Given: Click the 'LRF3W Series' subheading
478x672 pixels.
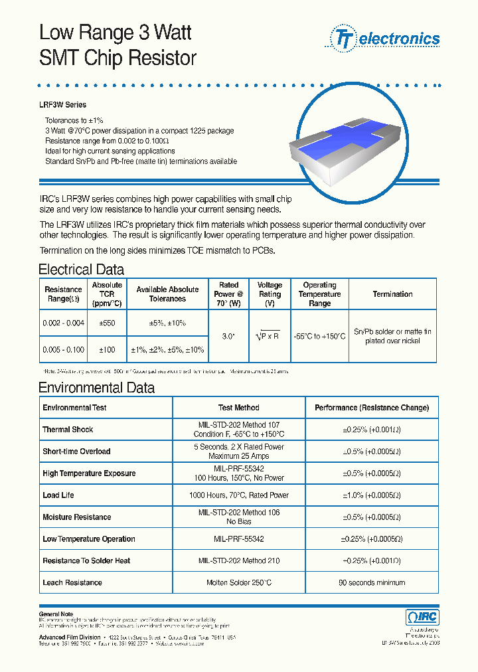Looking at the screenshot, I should click(x=63, y=105).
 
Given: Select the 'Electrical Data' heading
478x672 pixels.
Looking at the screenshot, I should click(x=81, y=270).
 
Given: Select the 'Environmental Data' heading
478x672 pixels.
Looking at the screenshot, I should click(x=96, y=388).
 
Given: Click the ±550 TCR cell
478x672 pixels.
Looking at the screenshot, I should click(x=106, y=323).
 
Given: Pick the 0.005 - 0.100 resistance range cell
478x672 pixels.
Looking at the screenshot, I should click(x=63, y=349).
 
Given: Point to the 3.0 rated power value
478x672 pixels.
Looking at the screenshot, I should click(x=228, y=336).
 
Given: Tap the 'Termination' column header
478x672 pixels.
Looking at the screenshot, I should click(x=392, y=294).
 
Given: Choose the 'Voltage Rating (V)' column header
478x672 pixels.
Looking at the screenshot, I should click(x=270, y=294).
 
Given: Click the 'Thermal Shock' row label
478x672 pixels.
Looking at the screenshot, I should click(x=68, y=430).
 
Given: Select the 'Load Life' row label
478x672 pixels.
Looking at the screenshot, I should click(x=58, y=495).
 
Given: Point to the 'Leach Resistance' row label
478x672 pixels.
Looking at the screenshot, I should click(x=72, y=583).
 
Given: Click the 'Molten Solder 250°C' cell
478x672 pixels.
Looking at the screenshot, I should click(x=238, y=583).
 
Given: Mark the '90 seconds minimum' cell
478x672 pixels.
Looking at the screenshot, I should click(x=371, y=583).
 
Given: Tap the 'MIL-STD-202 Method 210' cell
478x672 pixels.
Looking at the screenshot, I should click(x=238, y=561).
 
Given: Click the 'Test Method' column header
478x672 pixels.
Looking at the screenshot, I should click(x=238, y=408).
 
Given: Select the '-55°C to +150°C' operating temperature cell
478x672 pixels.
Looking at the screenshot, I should click(x=319, y=336).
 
